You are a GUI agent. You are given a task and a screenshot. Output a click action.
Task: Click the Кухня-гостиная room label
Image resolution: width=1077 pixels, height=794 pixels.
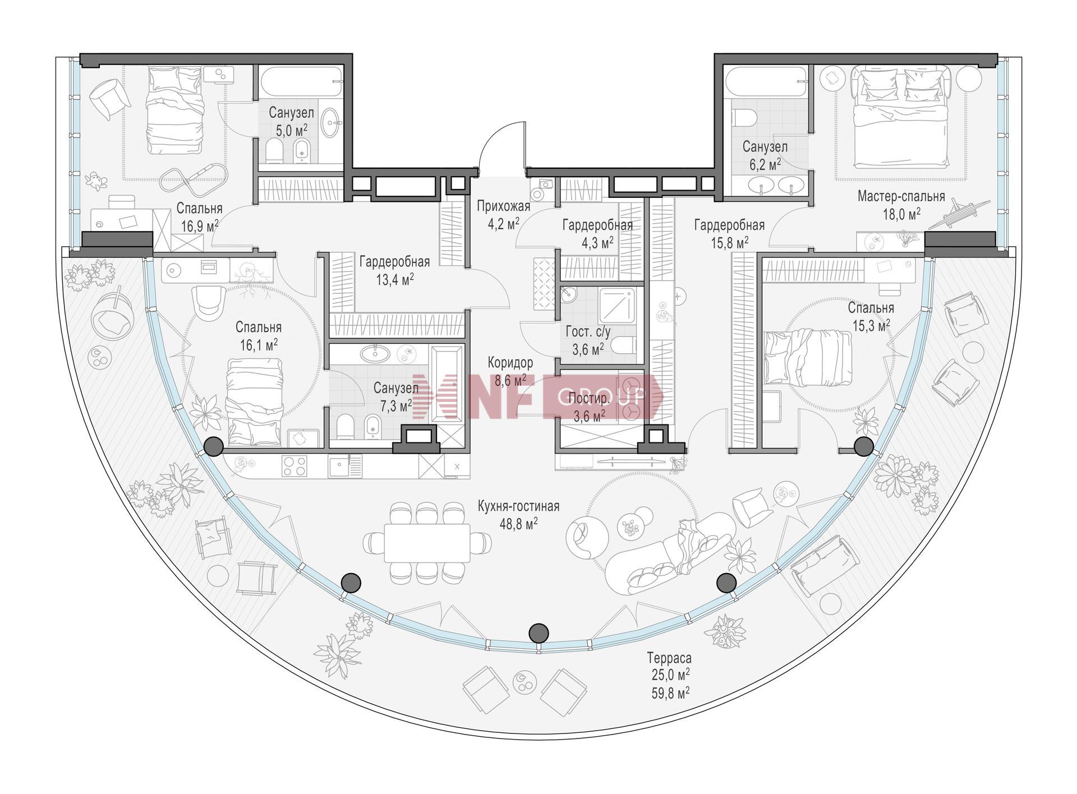(x=518, y=506)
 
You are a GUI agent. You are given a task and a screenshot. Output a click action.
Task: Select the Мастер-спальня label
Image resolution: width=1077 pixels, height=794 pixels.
(x=901, y=197)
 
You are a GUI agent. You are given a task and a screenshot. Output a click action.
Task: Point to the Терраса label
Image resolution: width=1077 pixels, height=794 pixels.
(x=669, y=657)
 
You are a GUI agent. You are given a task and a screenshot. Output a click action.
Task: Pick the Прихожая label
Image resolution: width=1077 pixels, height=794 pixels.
(x=503, y=206)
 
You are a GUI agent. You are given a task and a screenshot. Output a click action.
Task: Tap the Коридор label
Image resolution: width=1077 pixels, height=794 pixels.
(x=510, y=362)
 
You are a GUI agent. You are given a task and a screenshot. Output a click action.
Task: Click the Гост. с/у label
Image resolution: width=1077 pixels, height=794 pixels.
(x=587, y=333)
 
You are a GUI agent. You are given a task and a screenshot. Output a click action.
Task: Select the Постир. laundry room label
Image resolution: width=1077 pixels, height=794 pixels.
(x=588, y=399)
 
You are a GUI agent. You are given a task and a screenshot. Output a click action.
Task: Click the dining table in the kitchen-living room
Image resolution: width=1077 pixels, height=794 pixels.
(x=427, y=543)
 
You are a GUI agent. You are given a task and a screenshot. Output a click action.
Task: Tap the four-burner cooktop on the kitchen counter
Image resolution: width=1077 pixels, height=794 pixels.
(x=294, y=466)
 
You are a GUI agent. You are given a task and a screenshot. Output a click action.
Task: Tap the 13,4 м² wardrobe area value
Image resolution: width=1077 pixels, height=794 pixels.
(x=395, y=279)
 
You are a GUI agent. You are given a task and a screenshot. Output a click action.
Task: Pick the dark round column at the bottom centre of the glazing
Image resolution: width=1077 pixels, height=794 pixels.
(x=538, y=633)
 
